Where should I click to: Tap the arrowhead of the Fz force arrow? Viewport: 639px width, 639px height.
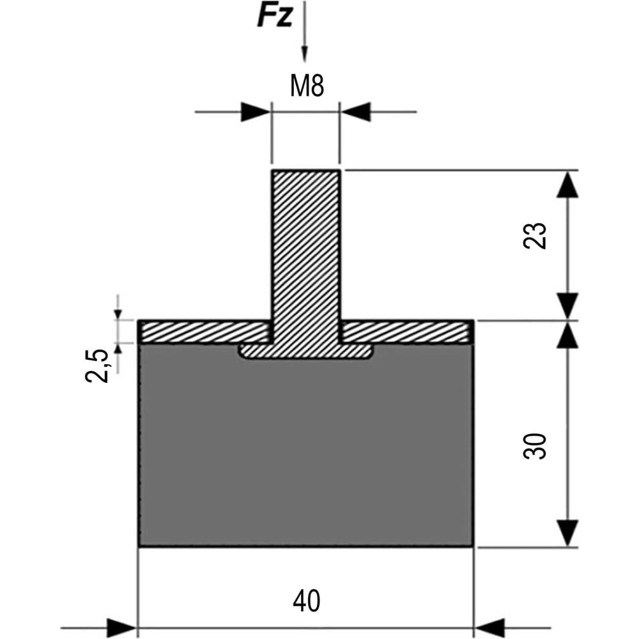304,54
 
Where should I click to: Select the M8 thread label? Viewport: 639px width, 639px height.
307,86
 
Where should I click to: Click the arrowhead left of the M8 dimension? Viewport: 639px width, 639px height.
256,112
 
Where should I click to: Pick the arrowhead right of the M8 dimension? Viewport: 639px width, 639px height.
355,112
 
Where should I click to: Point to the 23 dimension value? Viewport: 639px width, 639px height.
534,236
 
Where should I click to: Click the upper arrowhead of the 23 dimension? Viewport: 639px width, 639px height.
567,184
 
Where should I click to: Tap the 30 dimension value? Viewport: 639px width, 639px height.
534,446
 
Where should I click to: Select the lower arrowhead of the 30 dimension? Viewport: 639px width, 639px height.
567,533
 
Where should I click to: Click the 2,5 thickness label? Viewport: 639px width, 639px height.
97,366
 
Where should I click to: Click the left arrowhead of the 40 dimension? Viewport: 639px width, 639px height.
121,628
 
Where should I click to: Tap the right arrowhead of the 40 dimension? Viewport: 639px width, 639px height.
489,628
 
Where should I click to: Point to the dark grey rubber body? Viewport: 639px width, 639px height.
305,449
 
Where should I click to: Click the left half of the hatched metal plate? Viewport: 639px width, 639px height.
204,332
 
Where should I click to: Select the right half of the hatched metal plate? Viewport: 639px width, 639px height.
407,332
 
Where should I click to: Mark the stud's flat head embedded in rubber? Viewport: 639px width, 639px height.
305,351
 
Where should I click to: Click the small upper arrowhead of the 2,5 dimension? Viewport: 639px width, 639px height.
118,314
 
